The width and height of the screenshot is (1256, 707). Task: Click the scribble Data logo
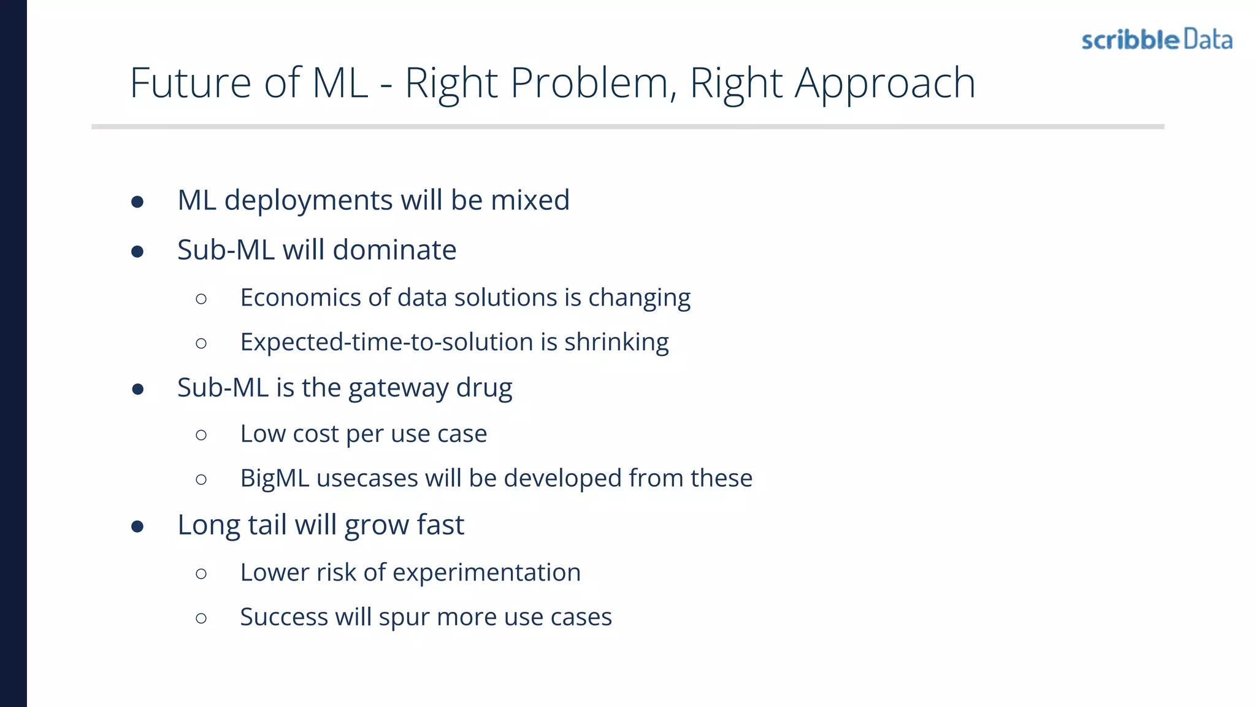tap(1157, 40)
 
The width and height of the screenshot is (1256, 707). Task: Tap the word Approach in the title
tap(884, 84)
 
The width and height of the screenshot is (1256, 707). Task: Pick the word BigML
tap(275, 478)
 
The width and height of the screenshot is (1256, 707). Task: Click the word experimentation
tap(486, 573)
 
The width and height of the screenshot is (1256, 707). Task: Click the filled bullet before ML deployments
tap(137, 202)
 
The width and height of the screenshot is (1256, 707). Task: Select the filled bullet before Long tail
tap(137, 527)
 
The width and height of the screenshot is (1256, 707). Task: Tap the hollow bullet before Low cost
tap(201, 435)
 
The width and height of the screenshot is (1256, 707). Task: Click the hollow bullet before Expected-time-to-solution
tap(201, 343)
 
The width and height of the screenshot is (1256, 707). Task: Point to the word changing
tap(639, 298)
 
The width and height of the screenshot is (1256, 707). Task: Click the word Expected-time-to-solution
tap(386, 342)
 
